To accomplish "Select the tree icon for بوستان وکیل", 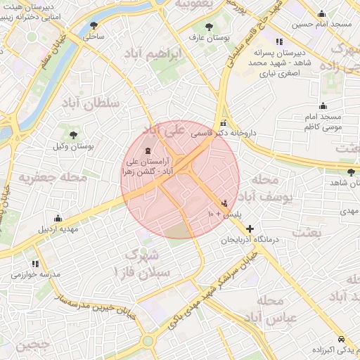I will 73,134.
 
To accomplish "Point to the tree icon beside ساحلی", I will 94,25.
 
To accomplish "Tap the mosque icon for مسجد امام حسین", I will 321,14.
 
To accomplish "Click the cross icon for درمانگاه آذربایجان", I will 250,229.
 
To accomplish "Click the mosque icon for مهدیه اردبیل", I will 58,219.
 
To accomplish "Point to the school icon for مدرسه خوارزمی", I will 36,264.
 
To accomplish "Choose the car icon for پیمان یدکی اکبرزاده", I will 340,338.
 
